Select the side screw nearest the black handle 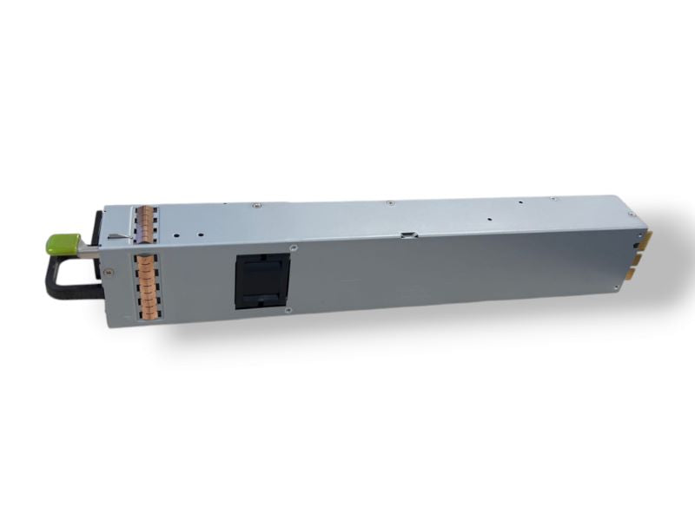click(x=108, y=272)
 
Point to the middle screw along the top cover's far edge click(x=390, y=203)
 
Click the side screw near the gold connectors click(x=616, y=287)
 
